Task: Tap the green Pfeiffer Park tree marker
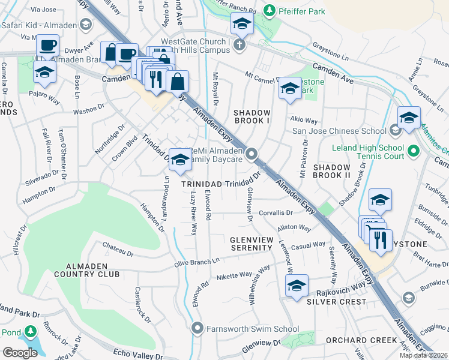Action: point(270,10)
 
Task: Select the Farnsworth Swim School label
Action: point(253,328)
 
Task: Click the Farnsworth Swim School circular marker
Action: point(197,328)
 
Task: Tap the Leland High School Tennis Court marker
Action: point(412,151)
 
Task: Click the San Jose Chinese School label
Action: point(339,131)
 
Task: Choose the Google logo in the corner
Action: point(20,352)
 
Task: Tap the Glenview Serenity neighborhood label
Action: point(261,243)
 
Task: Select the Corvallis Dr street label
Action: point(276,212)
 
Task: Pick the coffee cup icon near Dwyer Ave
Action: point(47,46)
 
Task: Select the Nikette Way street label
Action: point(234,275)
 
